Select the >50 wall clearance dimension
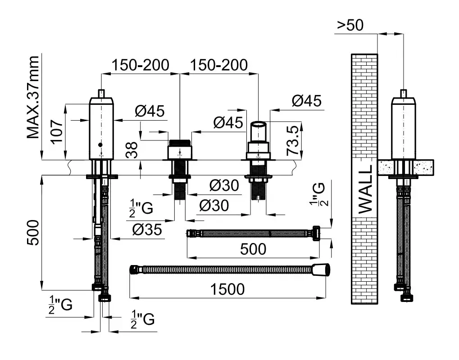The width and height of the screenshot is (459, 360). tap(350, 25)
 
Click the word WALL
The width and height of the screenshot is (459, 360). tap(364, 189)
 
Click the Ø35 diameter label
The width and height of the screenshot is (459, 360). tap(147, 229)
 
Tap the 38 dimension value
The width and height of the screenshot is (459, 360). tap(132, 153)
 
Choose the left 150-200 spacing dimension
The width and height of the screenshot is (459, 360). tap(141, 65)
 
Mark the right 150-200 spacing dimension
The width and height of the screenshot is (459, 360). tap(218, 65)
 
